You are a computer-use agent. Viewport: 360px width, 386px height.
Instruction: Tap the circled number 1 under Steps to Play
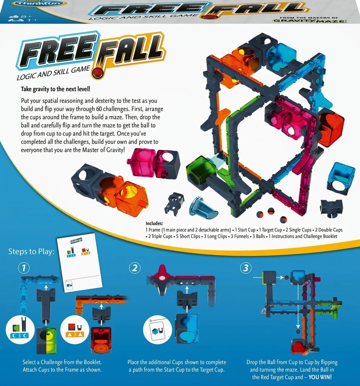(24, 268)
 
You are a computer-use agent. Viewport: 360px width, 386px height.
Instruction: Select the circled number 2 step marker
(135, 268)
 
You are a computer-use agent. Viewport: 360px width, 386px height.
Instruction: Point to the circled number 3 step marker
(246, 268)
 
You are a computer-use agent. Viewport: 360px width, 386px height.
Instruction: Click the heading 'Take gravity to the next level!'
(55, 89)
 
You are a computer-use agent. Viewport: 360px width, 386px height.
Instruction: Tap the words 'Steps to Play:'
(31, 251)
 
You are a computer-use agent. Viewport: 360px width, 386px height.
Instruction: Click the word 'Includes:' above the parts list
(154, 223)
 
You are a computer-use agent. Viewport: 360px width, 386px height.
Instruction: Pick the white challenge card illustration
(79, 263)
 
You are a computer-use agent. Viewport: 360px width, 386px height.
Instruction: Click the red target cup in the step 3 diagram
(301, 346)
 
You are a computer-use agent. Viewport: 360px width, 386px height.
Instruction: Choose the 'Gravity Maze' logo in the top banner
(310, 21)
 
